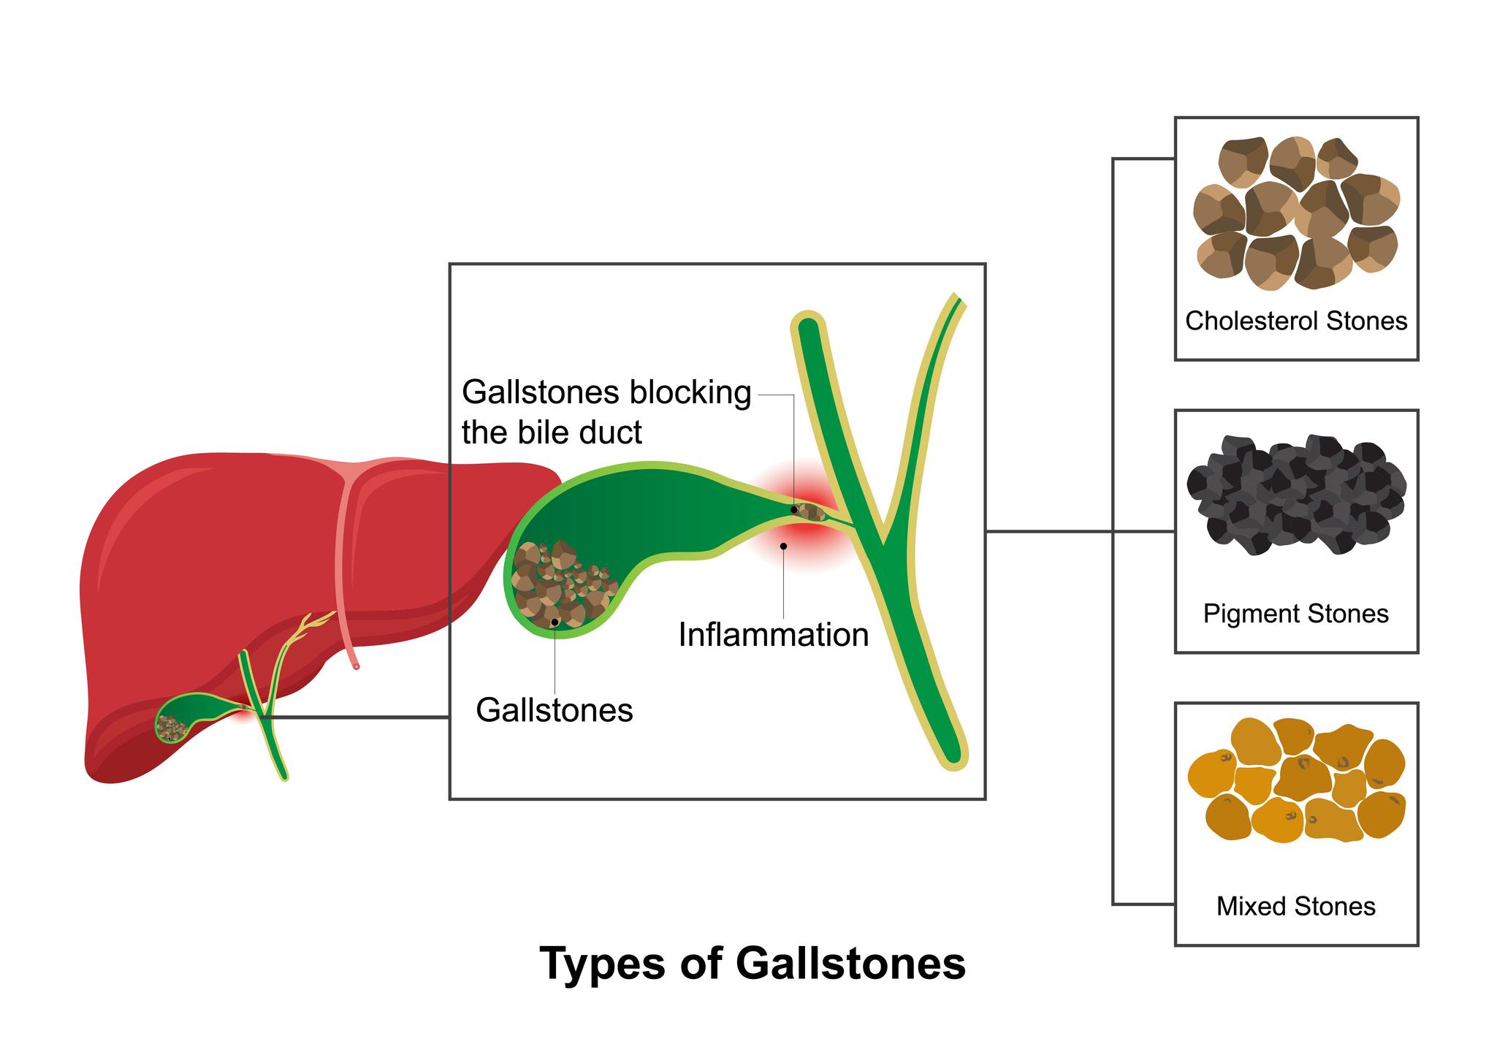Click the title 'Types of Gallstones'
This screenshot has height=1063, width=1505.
tap(752, 964)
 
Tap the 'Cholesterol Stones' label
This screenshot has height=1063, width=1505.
tap(1295, 321)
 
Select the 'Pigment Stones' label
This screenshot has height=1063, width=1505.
tap(1295, 614)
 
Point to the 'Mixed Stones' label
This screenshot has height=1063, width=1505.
tap(1295, 907)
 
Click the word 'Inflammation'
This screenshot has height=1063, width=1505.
tap(773, 635)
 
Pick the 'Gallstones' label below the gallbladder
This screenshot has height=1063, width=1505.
tap(554, 710)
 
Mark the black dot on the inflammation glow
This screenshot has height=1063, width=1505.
tap(783, 546)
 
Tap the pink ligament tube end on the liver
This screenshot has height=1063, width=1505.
tap(356, 666)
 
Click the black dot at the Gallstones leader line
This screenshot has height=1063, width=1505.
tap(555, 622)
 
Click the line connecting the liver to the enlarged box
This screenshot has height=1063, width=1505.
tap(358, 718)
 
